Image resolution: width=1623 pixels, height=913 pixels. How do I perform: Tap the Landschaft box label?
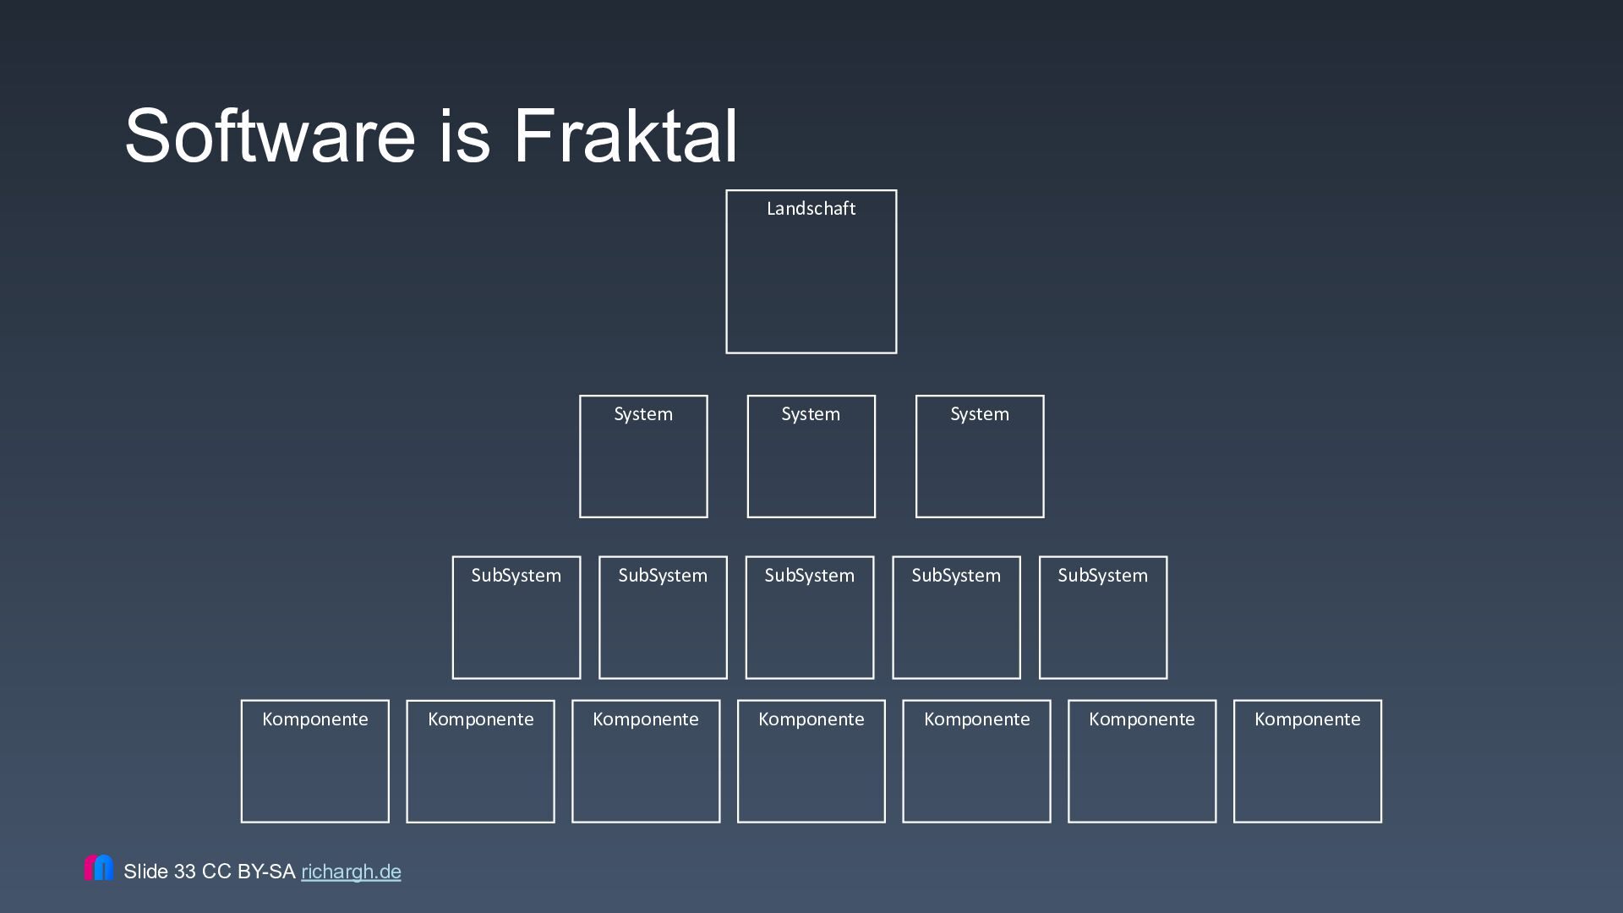tap(811, 209)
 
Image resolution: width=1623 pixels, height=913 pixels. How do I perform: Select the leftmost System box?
tap(643, 456)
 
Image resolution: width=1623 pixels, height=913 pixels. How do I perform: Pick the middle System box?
tap(811, 456)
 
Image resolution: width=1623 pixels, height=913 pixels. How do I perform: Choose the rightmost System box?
tap(980, 456)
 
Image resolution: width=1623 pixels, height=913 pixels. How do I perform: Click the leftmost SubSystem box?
tap(516, 617)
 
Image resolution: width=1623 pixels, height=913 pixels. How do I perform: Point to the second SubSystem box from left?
tap(663, 617)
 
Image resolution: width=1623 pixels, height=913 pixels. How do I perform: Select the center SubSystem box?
tap(810, 617)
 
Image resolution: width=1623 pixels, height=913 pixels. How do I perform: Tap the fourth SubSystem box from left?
tap(956, 617)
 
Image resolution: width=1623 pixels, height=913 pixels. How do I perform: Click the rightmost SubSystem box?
tap(1103, 617)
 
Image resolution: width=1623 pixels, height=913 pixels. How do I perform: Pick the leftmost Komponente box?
tap(315, 761)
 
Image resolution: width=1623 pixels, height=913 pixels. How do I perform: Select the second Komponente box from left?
tap(480, 761)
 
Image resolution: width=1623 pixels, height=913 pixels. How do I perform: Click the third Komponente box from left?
tap(646, 761)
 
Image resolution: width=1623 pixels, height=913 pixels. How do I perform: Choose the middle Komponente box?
tap(811, 761)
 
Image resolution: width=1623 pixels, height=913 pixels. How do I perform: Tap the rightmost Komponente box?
tap(1308, 761)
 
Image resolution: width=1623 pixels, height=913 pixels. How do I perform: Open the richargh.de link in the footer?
tap(351, 872)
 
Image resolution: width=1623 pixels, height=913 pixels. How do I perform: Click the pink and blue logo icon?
tap(99, 867)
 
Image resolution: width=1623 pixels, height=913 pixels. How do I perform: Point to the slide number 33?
tap(184, 872)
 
